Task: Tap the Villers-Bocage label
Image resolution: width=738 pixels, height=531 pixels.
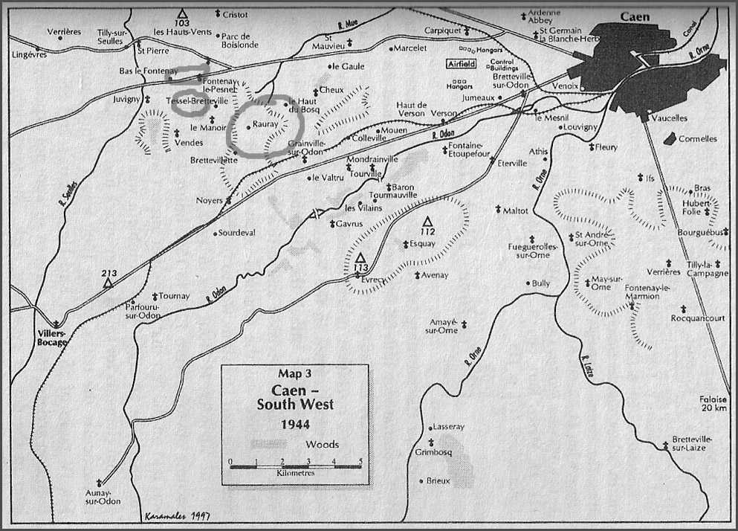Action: click(51, 338)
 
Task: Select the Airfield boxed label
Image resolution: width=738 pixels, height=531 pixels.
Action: click(460, 65)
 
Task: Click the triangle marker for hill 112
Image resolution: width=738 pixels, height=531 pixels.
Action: click(427, 222)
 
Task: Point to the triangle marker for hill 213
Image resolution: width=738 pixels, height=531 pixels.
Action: click(109, 283)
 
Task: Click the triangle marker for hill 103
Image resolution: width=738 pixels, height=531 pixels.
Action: click(181, 14)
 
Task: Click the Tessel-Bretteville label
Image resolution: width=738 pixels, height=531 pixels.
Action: click(197, 100)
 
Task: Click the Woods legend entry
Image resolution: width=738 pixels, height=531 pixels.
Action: click(322, 445)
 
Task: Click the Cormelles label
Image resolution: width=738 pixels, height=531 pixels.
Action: click(699, 138)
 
